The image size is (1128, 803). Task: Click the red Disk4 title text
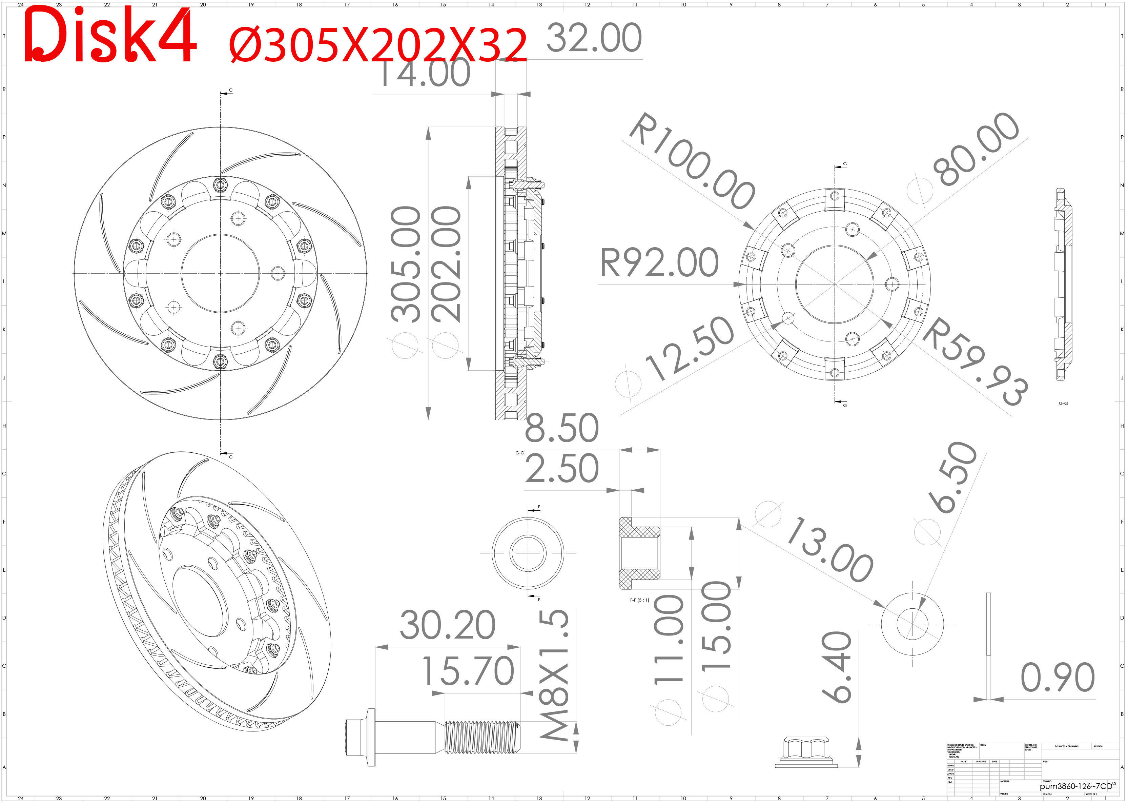coord(110,36)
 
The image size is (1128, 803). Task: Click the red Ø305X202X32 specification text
coord(378,45)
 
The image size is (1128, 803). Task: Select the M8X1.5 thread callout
coord(554,675)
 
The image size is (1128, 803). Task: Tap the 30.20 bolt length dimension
coord(447,626)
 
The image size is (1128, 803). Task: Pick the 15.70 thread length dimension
coord(468,671)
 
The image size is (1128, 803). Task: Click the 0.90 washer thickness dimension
coord(1057,678)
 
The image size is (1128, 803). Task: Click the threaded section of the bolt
coord(482,737)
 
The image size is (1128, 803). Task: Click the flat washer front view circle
coord(912,624)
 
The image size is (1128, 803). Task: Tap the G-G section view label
coord(1063,404)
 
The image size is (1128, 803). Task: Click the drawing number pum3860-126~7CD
coord(1075,786)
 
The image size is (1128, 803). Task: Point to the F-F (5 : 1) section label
coord(639,600)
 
